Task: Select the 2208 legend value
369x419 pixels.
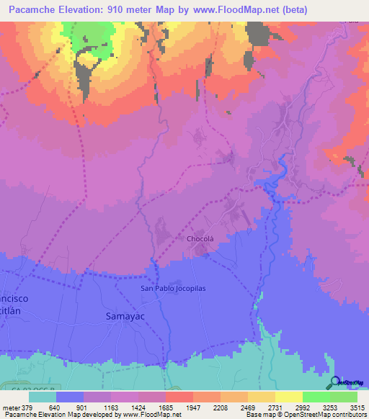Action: tap(219, 407)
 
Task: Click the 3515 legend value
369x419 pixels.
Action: tap(357, 407)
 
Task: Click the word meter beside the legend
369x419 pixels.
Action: tap(10, 407)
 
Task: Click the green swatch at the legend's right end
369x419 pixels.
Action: tap(343, 397)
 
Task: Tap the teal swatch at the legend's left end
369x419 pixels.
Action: tap(43, 397)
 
